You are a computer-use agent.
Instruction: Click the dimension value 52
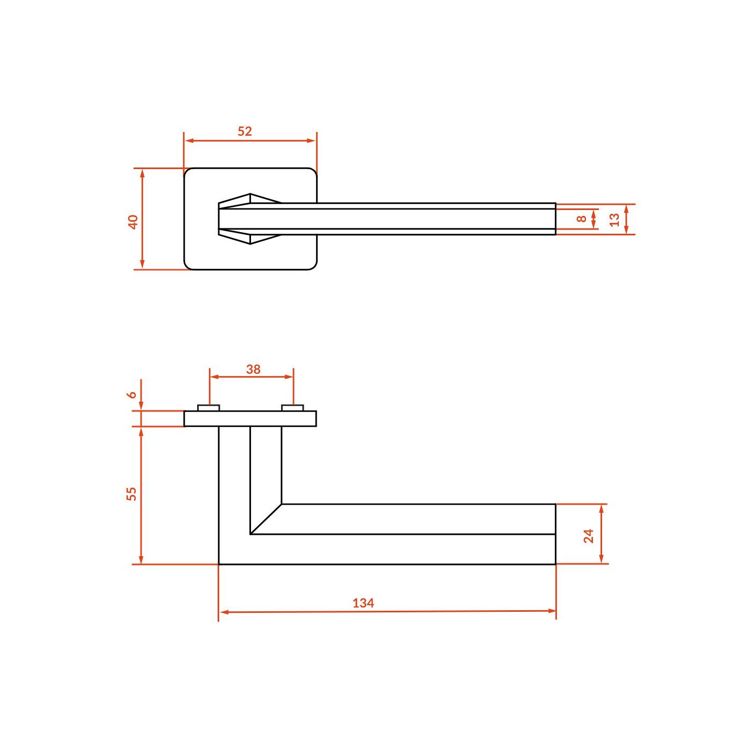[245, 131]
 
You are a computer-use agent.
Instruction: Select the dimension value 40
[133, 222]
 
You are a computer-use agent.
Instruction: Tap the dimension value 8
[582, 218]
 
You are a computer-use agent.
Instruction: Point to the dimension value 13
[615, 219]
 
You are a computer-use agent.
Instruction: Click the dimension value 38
[253, 369]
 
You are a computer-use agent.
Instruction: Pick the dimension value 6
[132, 394]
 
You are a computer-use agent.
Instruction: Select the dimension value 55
[132, 493]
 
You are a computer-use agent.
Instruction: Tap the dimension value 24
[589, 536]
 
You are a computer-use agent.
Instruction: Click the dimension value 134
[363, 603]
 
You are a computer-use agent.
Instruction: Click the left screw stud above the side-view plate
[208, 408]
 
